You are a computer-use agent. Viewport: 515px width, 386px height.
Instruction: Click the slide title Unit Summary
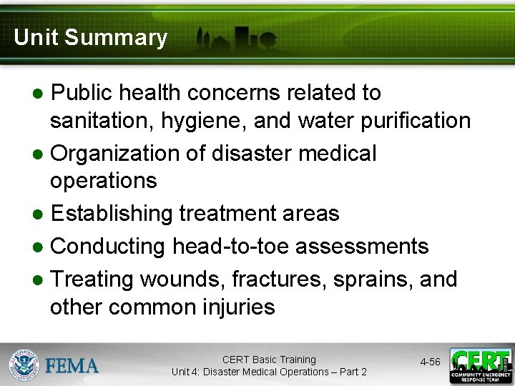[x=90, y=37]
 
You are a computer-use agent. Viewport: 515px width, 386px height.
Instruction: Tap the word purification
[x=418, y=120]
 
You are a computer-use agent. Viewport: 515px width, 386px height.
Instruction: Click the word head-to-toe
[x=230, y=246]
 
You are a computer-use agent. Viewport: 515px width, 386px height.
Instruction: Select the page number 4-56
[x=430, y=362]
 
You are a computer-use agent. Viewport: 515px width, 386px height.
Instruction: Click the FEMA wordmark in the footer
[x=72, y=366]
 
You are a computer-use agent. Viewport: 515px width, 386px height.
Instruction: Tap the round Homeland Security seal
[x=24, y=365]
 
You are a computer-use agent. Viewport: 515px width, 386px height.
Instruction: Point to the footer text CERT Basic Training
[x=269, y=360]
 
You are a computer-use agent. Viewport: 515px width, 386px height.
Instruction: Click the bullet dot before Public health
[x=39, y=94]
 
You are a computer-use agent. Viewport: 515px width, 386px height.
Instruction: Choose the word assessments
[x=362, y=246]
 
